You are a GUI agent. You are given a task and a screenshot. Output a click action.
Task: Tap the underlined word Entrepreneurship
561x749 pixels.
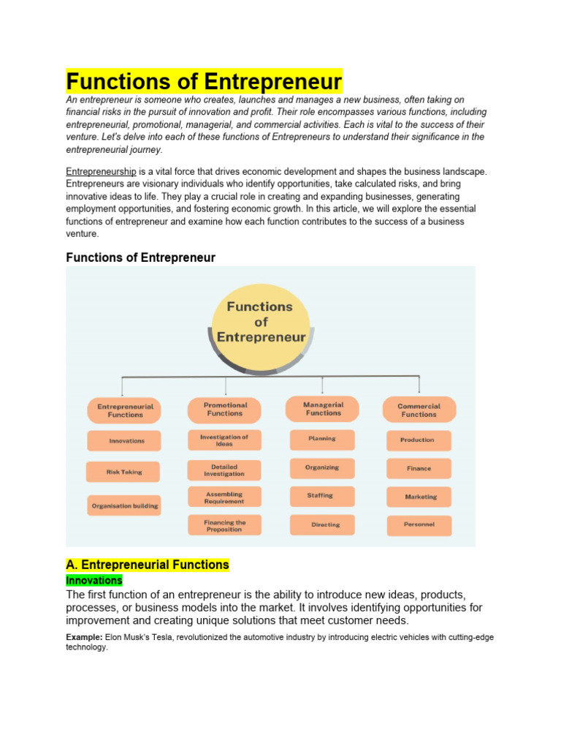click(x=101, y=171)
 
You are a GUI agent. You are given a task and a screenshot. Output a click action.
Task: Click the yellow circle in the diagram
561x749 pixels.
click(x=260, y=322)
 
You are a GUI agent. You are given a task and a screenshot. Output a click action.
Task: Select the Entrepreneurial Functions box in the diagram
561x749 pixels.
click(x=126, y=410)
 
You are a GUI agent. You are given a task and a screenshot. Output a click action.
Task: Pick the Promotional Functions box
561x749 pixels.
click(x=225, y=410)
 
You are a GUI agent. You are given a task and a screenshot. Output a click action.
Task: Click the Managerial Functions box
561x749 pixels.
click(x=323, y=409)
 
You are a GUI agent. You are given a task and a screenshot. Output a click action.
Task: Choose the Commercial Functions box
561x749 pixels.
click(x=419, y=410)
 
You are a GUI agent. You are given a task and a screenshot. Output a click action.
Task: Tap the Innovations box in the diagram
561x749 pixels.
click(x=126, y=441)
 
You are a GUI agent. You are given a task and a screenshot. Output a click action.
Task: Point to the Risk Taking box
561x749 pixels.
click(x=124, y=472)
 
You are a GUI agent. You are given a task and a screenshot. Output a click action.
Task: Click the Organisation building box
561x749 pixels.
click(x=125, y=505)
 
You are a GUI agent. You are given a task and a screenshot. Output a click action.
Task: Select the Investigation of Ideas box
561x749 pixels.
click(x=224, y=440)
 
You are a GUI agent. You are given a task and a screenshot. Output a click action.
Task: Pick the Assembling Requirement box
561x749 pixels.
click(x=224, y=498)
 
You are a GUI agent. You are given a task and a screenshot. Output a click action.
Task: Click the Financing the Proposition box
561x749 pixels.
click(x=224, y=526)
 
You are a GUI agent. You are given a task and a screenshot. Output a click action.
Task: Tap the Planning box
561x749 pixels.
click(x=322, y=439)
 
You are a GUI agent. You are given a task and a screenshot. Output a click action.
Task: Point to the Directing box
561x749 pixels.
click(x=325, y=524)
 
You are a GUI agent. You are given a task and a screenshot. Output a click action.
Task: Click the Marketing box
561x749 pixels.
click(x=421, y=497)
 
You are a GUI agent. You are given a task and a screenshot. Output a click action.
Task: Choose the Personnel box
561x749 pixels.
click(x=419, y=524)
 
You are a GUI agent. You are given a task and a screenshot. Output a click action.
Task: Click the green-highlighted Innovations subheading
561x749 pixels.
click(x=94, y=580)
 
